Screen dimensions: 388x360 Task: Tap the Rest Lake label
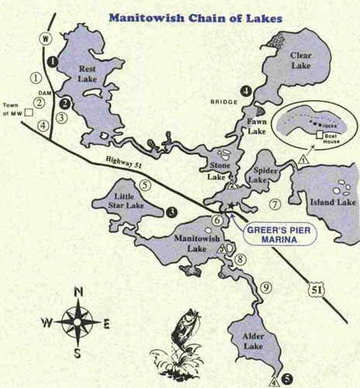pyautogui.click(x=92, y=74)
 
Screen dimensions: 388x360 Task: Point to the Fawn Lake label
pyautogui.click(x=257, y=126)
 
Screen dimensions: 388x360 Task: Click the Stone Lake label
pyautogui.click(x=221, y=171)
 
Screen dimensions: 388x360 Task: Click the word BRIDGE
pyautogui.click(x=221, y=102)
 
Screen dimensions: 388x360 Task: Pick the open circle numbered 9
pyautogui.click(x=265, y=287)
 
